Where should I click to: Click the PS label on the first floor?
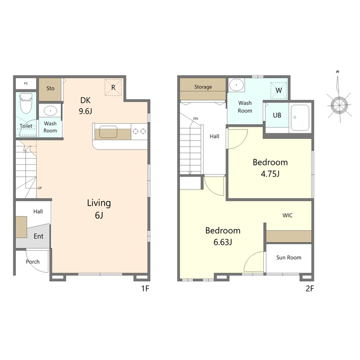[x=26, y=84]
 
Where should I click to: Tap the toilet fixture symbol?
[x=26, y=103]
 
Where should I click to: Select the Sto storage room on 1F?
[x=50, y=89]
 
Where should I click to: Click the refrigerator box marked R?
[x=113, y=87]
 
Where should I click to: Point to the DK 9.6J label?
[x=85, y=106]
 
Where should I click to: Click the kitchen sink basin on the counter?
[x=109, y=132]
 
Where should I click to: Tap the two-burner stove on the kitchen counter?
[x=139, y=131]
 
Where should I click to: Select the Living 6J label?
[x=99, y=209]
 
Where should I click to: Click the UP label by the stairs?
[x=39, y=188]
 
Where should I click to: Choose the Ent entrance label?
[x=38, y=236]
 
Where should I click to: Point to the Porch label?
[x=33, y=262]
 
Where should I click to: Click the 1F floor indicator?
[x=145, y=289]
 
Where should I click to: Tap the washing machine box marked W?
[x=279, y=90]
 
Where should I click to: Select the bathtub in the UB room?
[x=300, y=118]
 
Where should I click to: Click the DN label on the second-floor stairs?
[x=196, y=119]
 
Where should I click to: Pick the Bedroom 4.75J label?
[x=270, y=168]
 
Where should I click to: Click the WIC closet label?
[x=287, y=215]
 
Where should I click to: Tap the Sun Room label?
[x=289, y=258]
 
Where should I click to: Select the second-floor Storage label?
[x=203, y=87]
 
